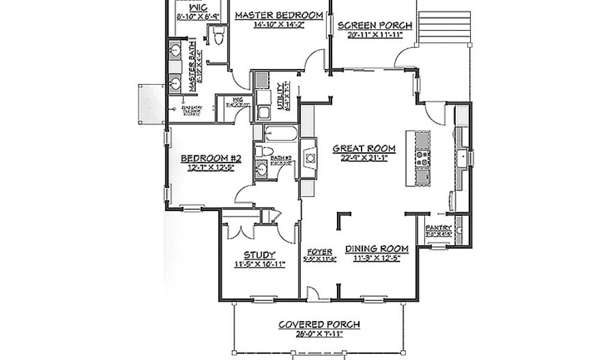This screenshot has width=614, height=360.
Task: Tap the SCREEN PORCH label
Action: (375, 25)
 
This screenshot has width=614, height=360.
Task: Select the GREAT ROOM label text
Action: (364, 148)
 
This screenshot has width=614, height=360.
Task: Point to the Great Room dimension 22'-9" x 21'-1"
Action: (364, 158)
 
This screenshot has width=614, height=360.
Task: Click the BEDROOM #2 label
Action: (211, 158)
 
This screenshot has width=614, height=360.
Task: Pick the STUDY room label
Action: (260, 254)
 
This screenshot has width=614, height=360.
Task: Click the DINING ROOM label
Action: (377, 248)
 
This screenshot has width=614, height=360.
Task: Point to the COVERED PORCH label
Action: (319, 325)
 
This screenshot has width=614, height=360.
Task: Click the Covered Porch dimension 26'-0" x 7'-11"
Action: (319, 334)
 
